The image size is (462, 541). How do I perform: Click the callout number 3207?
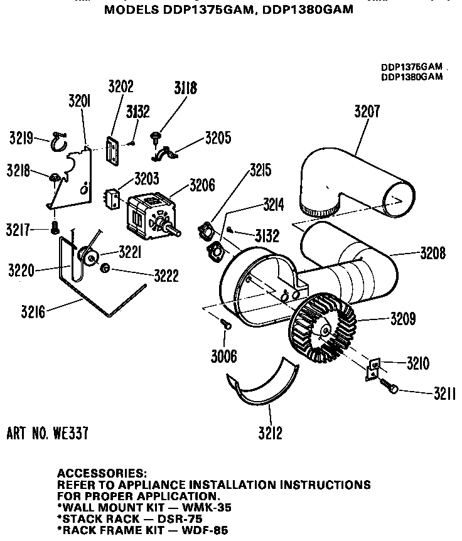coord(367,112)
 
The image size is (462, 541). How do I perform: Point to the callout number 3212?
coord(270,432)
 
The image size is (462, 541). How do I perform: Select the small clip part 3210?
coord(372,369)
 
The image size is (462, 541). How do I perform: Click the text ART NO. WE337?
coord(47,432)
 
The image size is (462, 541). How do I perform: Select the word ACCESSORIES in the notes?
coord(102,472)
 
